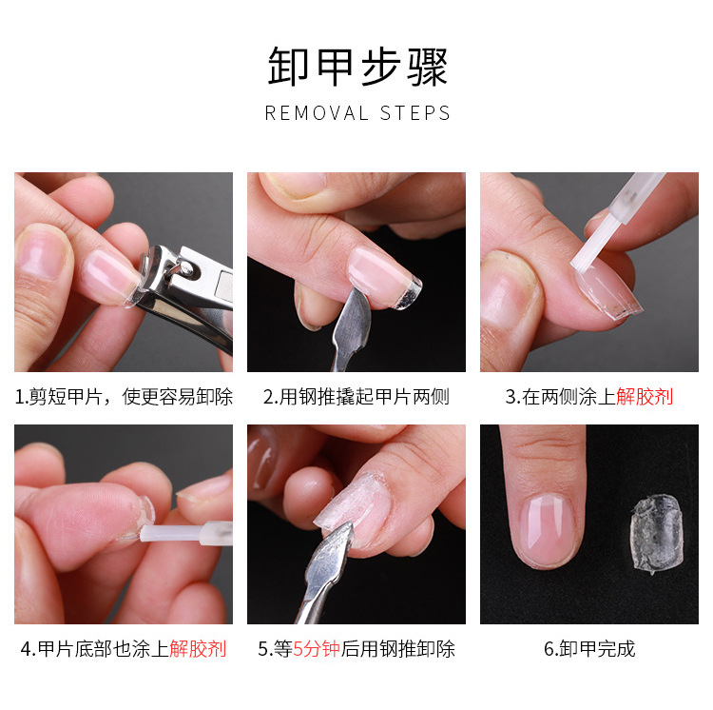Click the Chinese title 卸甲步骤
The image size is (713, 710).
tap(356, 68)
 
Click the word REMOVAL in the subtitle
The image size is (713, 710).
tap(317, 113)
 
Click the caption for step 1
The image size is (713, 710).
tap(124, 397)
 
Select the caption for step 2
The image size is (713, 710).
tap(356, 397)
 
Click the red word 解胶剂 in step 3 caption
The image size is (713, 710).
tap(645, 397)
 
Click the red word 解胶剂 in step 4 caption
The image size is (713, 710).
tap(198, 649)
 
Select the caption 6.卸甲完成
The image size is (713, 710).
tap(589, 649)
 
